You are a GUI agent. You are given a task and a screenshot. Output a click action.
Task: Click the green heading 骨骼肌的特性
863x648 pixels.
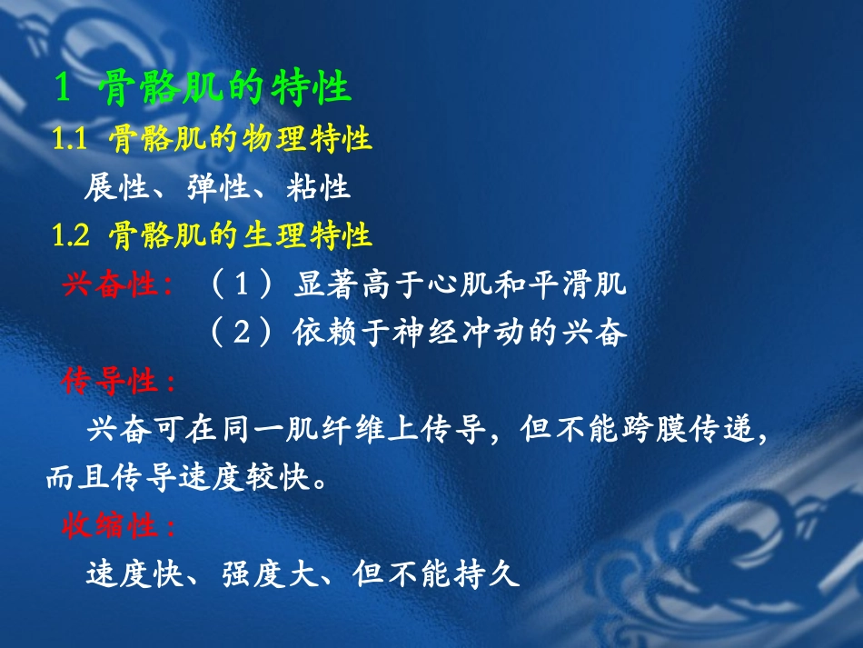coord(227,90)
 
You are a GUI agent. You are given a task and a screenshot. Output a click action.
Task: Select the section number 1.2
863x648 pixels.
coord(71,236)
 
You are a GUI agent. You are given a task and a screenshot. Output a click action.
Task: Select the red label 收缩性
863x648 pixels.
coord(119,526)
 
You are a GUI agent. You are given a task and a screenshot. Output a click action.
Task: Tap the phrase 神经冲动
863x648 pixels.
coord(461,334)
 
